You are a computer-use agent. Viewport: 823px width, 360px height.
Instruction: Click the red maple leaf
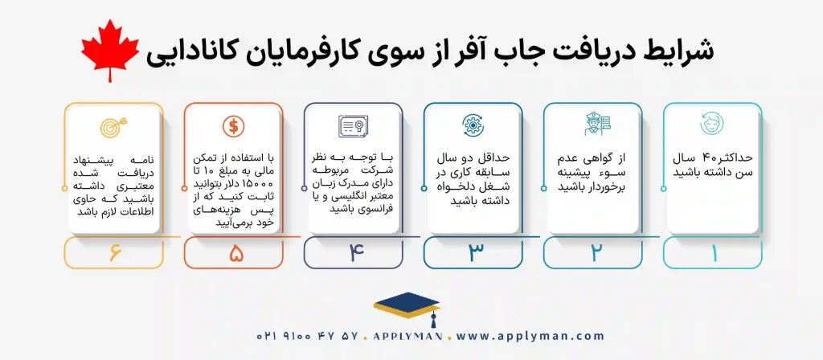pos(110,49)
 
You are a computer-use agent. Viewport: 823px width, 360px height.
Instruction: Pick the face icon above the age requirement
pos(712,124)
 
